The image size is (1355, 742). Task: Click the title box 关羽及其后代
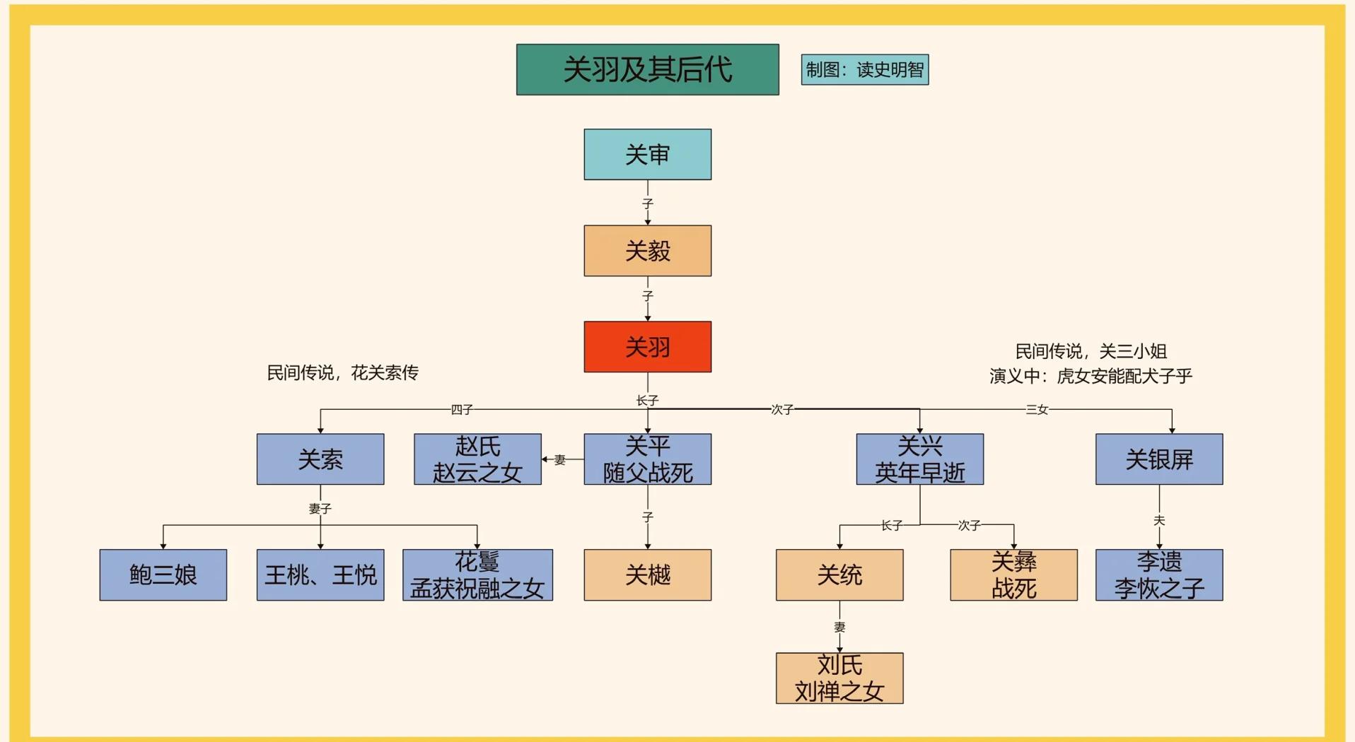pyautogui.click(x=647, y=69)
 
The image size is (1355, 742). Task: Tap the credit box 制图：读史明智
pyautogui.click(x=864, y=69)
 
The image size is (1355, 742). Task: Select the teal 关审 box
pyautogui.click(x=647, y=154)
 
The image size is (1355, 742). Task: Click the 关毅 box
pyautogui.click(x=647, y=251)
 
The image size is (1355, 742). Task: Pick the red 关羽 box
pyautogui.click(x=647, y=347)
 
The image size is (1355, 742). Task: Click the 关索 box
pyautogui.click(x=320, y=459)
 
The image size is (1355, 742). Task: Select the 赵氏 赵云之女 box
pyautogui.click(x=477, y=459)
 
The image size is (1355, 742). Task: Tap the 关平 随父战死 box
pyautogui.click(x=647, y=459)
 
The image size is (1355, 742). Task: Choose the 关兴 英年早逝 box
pyautogui.click(x=919, y=459)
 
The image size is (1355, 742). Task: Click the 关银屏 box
pyautogui.click(x=1158, y=459)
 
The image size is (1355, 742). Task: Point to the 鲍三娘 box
pyautogui.click(x=163, y=575)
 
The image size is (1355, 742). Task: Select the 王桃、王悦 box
pyautogui.click(x=320, y=575)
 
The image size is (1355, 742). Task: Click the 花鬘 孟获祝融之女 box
pyautogui.click(x=477, y=575)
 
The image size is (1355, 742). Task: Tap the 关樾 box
pyautogui.click(x=647, y=575)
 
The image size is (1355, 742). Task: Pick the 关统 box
pyautogui.click(x=839, y=575)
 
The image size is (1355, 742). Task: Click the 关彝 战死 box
pyautogui.click(x=1013, y=575)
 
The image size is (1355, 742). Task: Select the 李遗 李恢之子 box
pyautogui.click(x=1158, y=575)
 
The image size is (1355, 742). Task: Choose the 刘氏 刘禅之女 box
pyautogui.click(x=839, y=678)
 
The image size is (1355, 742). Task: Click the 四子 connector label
pyautogui.click(x=462, y=410)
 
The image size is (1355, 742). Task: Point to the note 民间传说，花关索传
pyautogui.click(x=342, y=372)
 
